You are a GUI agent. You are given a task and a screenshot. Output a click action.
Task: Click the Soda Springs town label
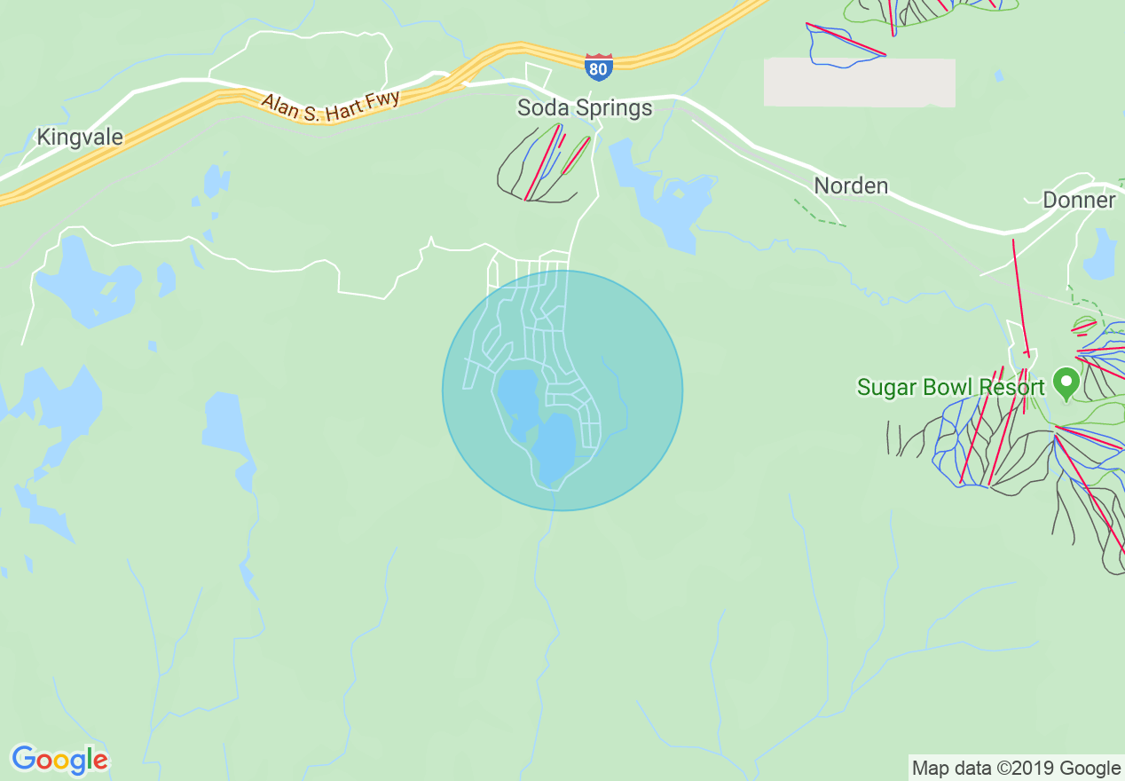tap(585, 108)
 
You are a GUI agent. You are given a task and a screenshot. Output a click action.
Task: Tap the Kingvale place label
tap(80, 138)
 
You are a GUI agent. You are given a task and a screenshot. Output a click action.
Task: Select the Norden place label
tap(851, 185)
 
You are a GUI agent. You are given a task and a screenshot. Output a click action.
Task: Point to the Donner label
tap(1079, 200)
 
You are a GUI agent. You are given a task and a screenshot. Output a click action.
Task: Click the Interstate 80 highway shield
tap(598, 67)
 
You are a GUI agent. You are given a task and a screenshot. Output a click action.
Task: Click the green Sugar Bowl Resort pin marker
tap(1065, 383)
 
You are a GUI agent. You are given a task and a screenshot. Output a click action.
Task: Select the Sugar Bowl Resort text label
tap(950, 388)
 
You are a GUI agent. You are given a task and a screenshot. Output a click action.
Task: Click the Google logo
tap(59, 760)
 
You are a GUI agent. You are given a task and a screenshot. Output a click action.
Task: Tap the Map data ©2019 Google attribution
tap(1016, 768)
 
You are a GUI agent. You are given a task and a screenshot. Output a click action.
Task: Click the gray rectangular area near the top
tap(859, 83)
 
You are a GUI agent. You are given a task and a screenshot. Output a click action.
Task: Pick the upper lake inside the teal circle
tap(518, 399)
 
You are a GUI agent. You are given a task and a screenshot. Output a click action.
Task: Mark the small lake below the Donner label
tap(1100, 257)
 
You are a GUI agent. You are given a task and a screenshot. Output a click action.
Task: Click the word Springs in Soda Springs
tap(611, 109)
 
